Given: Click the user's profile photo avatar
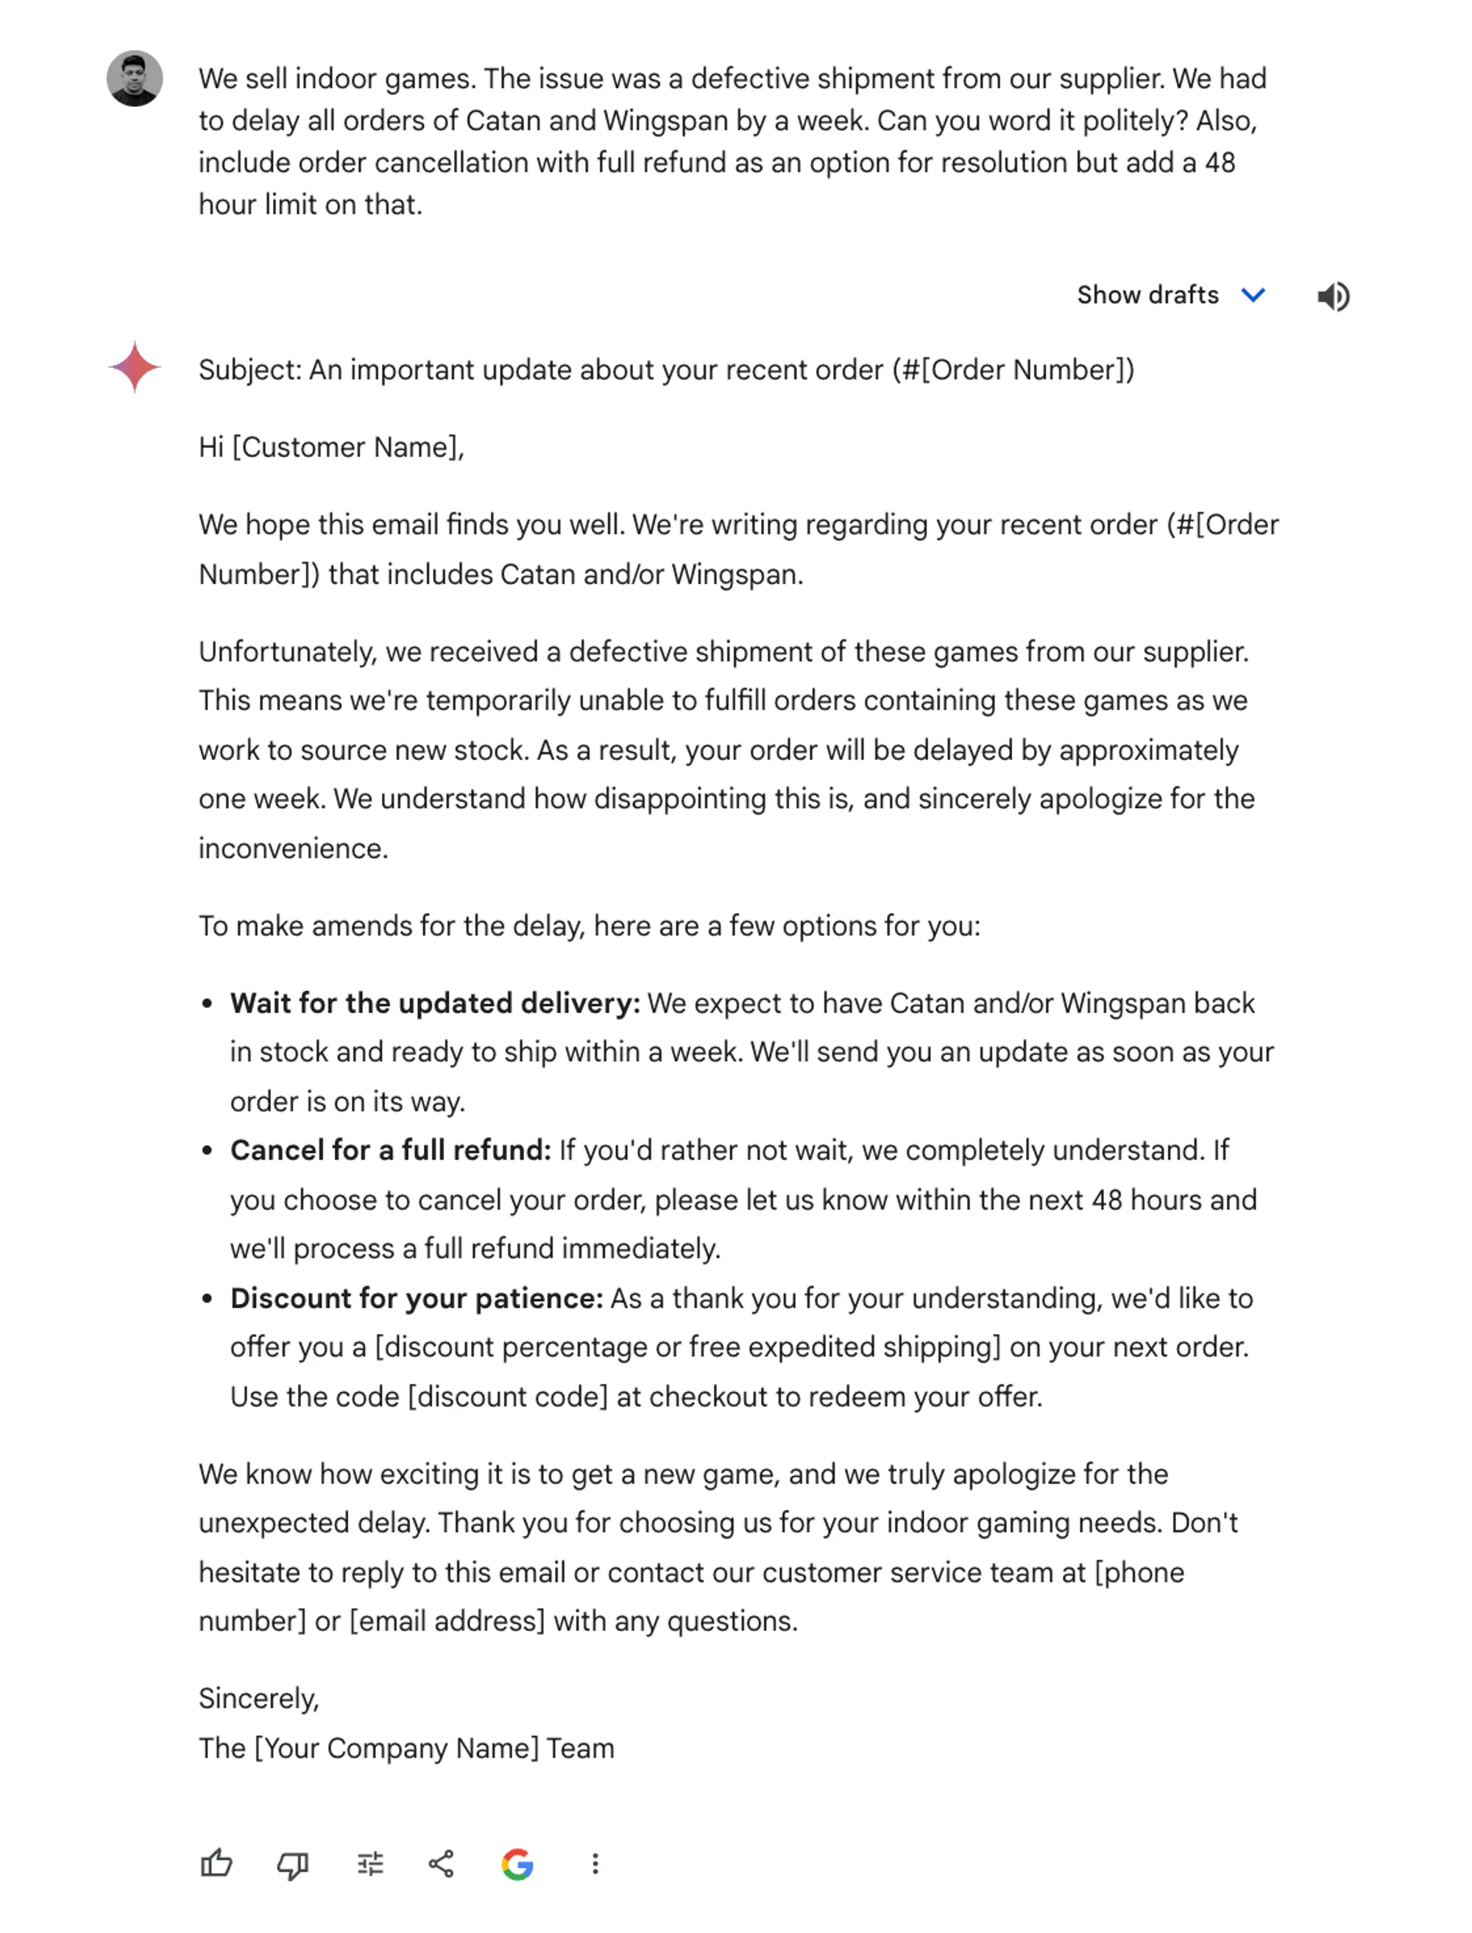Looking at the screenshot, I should click(134, 79).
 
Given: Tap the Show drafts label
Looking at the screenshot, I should click(1147, 295).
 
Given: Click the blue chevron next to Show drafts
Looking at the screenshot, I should click(1254, 295).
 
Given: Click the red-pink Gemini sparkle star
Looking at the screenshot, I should click(134, 367).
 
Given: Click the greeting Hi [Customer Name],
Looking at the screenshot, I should click(331, 447).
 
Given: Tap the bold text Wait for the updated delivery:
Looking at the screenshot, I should click(434, 1004).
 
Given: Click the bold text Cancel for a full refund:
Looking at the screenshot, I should click(390, 1151).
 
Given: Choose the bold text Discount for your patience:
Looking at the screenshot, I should click(416, 1299).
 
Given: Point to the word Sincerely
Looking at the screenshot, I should click(258, 1699).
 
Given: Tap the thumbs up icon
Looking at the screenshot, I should click(216, 1864).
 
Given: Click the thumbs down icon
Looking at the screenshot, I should click(293, 1864).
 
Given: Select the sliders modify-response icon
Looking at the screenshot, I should click(371, 1864).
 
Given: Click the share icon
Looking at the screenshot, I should click(442, 1864).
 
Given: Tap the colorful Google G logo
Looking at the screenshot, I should click(518, 1864).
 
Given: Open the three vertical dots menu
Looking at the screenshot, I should click(595, 1864).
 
